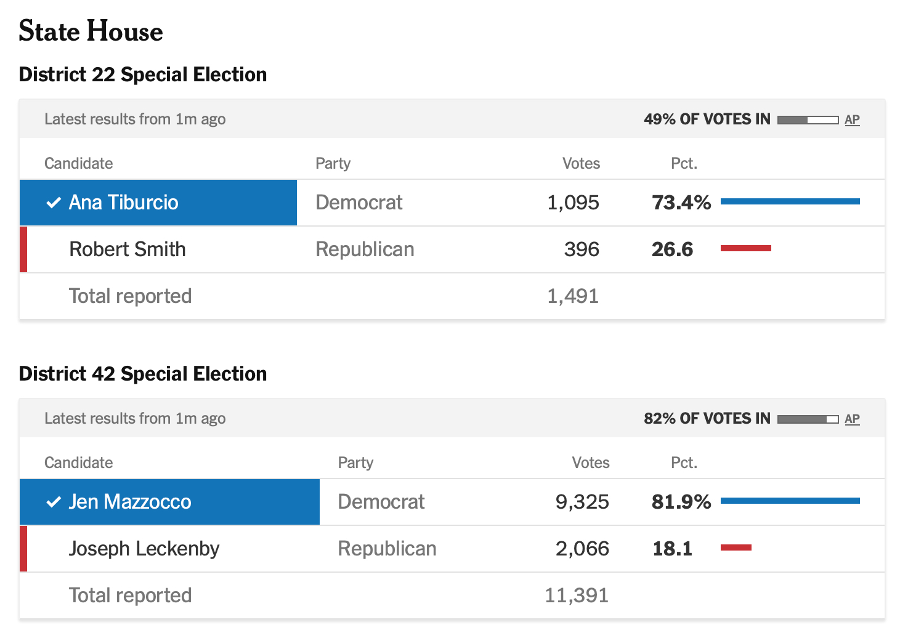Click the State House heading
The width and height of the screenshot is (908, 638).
[91, 31]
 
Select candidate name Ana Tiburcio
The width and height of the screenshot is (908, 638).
[123, 203]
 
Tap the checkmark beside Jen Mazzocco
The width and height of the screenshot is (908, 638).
[54, 502]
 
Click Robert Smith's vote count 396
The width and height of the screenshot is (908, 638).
[582, 249]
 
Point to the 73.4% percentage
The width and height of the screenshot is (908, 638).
[681, 203]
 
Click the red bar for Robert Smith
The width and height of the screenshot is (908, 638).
[745, 248]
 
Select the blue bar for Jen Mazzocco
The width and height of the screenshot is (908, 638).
[790, 501]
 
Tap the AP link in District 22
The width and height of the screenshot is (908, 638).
[852, 119]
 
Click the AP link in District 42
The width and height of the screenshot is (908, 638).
[852, 419]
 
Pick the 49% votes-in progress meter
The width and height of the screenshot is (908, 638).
[808, 119]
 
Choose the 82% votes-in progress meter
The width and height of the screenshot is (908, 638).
[808, 419]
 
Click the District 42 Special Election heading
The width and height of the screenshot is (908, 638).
[143, 374]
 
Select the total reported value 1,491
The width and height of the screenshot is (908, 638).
[573, 296]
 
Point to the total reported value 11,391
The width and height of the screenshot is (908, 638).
[577, 596]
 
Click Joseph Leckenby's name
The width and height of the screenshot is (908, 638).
[144, 549]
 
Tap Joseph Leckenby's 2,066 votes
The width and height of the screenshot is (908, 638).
[582, 549]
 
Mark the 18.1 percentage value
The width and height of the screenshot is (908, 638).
[672, 549]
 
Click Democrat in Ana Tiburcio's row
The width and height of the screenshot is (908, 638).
[359, 203]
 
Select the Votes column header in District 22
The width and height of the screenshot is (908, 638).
[581, 163]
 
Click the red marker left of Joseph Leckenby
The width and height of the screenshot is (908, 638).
[23, 549]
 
